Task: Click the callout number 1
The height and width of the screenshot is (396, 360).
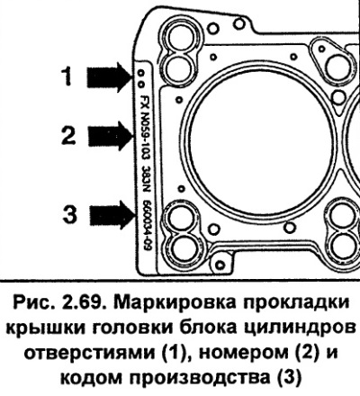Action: (67, 76)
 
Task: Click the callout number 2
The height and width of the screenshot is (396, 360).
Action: (68, 136)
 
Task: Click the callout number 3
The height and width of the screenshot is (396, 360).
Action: (69, 213)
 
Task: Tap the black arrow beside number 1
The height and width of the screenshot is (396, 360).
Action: (109, 77)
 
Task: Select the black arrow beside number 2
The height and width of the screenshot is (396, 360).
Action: (110, 136)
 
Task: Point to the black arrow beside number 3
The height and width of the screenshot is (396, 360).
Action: (112, 215)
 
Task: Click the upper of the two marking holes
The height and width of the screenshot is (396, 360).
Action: (140, 74)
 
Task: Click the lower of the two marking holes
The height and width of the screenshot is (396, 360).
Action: (141, 84)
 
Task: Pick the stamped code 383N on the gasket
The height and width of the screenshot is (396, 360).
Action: (147, 179)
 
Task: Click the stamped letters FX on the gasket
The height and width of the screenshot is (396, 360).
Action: (145, 102)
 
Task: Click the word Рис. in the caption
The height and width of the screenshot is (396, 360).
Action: (35, 304)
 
